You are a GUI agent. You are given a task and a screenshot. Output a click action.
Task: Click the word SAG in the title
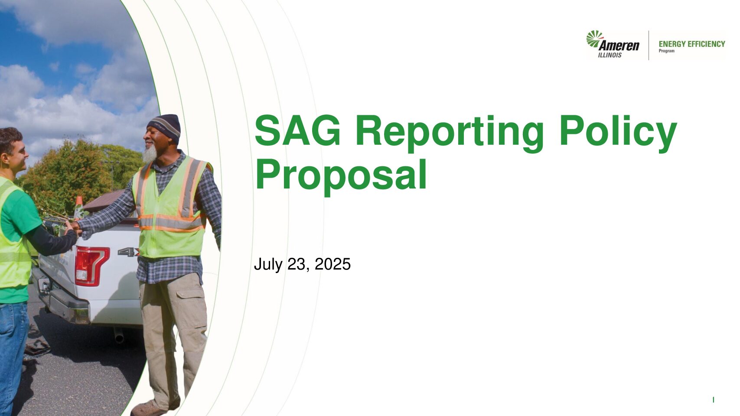click(297, 130)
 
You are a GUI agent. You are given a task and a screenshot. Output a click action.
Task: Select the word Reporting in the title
click(450, 133)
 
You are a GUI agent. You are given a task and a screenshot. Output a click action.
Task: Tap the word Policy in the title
click(618, 133)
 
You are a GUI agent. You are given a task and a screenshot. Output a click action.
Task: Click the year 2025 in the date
click(333, 264)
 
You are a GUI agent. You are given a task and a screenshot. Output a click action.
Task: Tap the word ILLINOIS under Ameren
click(610, 55)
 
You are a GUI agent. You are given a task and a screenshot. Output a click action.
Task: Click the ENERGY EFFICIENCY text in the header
click(692, 44)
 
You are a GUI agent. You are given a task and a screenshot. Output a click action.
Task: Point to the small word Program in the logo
click(667, 51)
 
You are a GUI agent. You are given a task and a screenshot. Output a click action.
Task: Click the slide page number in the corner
click(713, 400)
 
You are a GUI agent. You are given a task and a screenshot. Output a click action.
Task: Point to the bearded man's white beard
click(149, 154)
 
